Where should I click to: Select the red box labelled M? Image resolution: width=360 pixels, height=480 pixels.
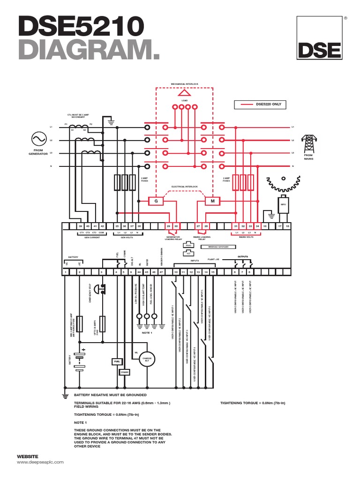[212, 201]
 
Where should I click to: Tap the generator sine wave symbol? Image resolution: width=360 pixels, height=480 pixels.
[37, 139]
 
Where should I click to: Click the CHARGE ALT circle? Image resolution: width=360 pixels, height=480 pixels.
[147, 359]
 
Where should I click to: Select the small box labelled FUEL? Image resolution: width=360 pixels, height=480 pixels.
[117, 361]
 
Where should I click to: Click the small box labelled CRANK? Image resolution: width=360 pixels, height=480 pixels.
[124, 372]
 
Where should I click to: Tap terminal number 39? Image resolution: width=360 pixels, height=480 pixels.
[80, 226]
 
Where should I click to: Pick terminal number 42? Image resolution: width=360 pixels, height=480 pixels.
[102, 226]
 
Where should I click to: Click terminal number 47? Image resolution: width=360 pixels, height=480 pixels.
[161, 272]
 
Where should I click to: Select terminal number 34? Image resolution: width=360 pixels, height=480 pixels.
[257, 226]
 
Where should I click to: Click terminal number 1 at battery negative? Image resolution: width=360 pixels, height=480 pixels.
[66, 272]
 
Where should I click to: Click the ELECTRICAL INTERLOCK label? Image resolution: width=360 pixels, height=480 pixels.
[184, 187]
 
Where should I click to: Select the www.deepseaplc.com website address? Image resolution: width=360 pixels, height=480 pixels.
[40, 462]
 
